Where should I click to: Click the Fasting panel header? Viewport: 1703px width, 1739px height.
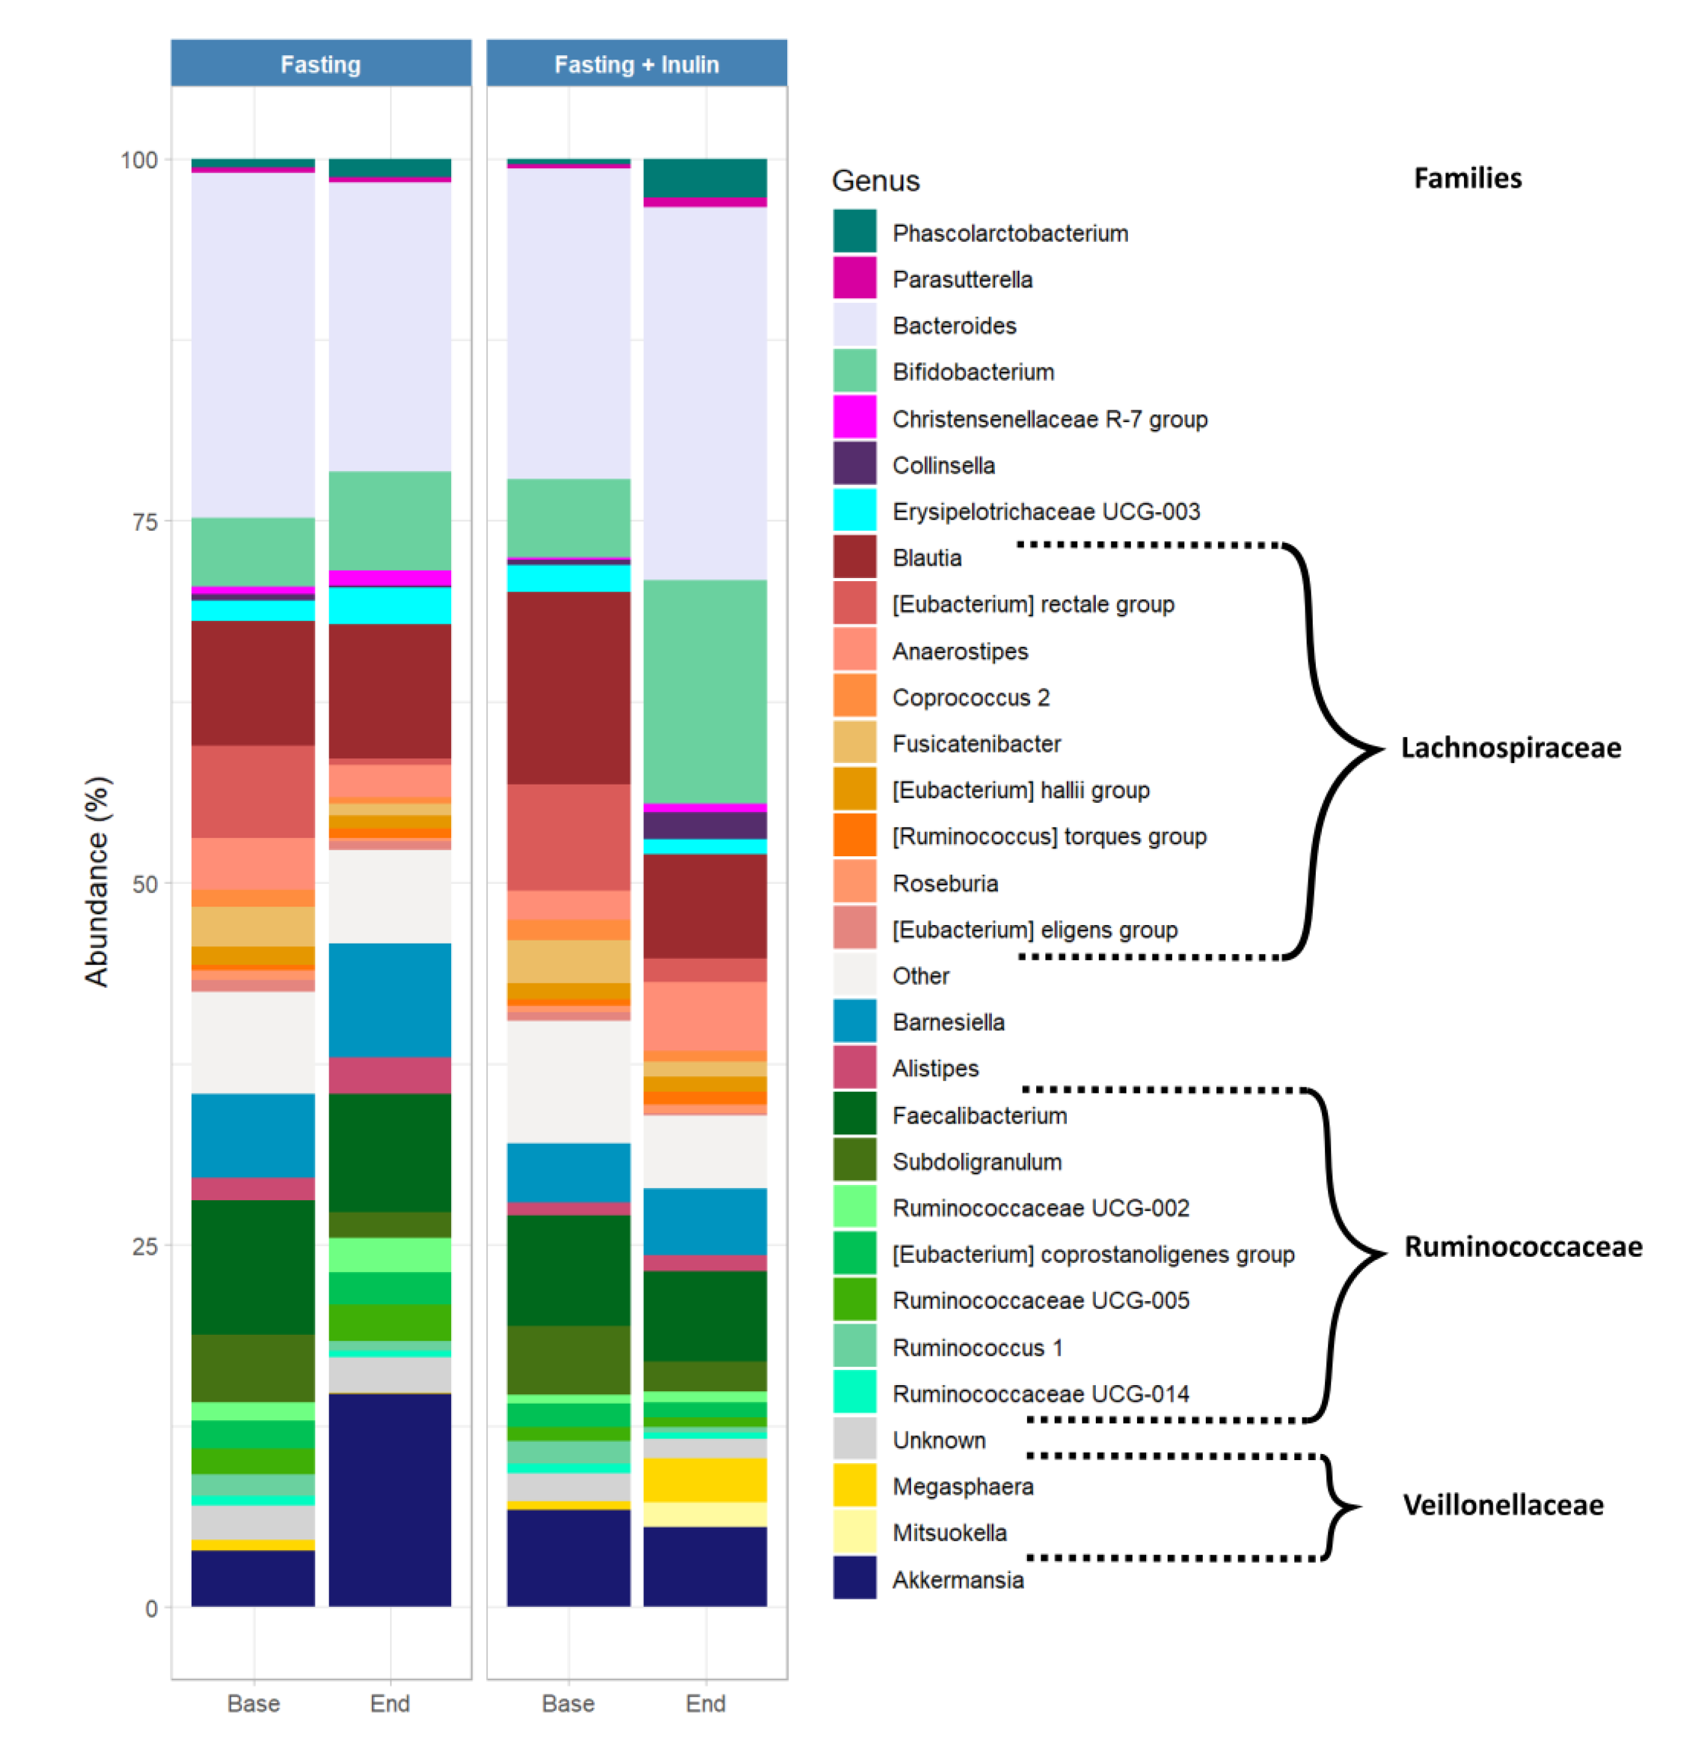[x=320, y=63]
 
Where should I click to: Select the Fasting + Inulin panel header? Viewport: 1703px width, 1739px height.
[x=636, y=63]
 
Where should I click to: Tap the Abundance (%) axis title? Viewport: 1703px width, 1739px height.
[x=96, y=881]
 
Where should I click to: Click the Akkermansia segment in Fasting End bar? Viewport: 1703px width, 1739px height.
[x=390, y=1499]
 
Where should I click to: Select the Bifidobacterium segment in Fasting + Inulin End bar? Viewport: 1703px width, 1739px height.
[x=705, y=691]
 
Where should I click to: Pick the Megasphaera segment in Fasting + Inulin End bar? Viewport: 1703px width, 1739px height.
[x=705, y=1480]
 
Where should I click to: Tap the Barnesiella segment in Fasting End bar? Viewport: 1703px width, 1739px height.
[x=390, y=999]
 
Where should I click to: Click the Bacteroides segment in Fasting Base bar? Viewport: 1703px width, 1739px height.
[x=253, y=344]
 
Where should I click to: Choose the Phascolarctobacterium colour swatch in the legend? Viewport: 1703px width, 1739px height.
[x=854, y=232]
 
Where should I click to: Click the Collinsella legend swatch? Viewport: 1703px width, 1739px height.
[x=854, y=464]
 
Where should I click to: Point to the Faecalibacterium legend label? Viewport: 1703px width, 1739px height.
[x=980, y=1115]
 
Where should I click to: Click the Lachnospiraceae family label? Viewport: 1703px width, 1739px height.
[x=1510, y=748]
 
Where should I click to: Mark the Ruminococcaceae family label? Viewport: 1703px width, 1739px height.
[x=1522, y=1246]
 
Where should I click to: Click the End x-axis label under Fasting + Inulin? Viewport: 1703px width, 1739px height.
[x=705, y=1702]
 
